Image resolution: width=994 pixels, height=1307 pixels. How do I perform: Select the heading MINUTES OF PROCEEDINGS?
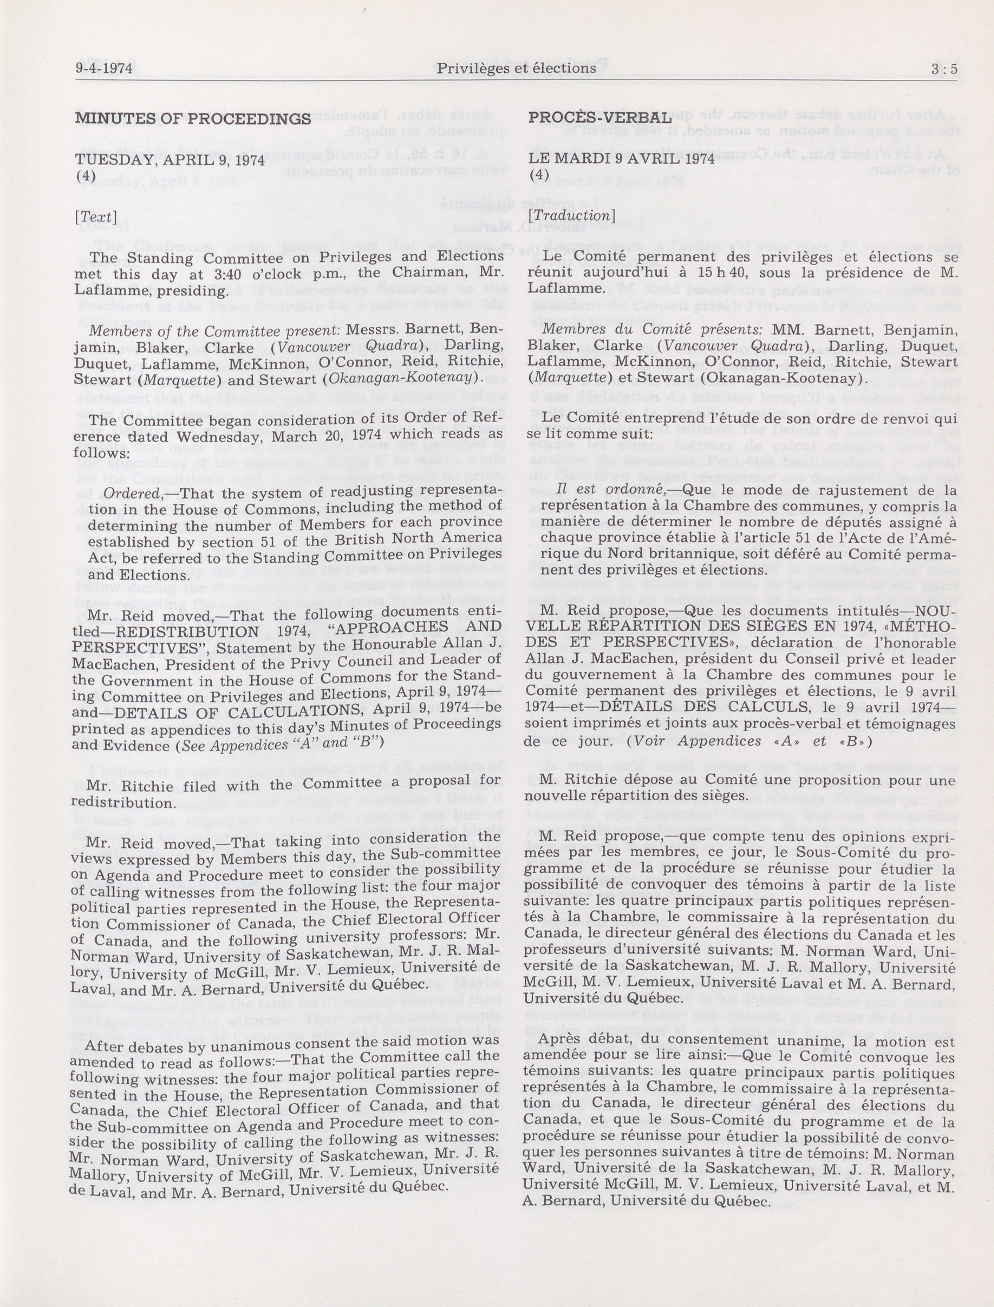(193, 118)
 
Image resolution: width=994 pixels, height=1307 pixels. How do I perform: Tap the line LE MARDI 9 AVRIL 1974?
(622, 159)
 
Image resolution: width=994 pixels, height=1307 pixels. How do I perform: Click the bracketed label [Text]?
(95, 217)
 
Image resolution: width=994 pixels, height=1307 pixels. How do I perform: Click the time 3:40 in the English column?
(261, 274)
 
